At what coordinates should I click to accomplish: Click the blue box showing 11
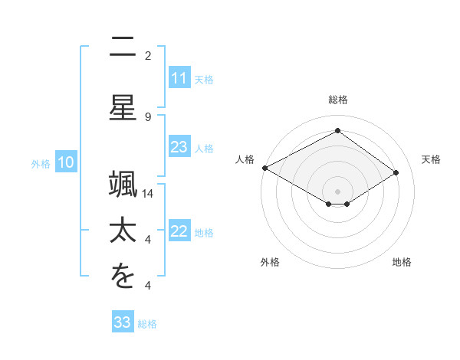coord(179,78)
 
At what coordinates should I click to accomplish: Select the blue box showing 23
coord(179,147)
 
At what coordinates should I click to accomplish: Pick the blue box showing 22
coord(179,231)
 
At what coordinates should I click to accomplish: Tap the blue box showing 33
coord(123,322)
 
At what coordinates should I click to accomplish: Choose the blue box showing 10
coord(65,162)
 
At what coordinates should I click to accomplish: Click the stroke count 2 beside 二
coord(148,55)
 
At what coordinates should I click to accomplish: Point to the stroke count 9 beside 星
coord(148,116)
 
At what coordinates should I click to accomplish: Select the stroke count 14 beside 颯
coord(148,194)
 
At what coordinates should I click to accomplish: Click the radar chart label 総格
coord(338,100)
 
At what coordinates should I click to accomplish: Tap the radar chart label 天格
coord(431,159)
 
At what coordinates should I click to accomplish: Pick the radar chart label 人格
coord(245,159)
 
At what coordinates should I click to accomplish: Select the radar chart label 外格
coord(270,262)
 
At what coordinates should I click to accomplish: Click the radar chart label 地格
coord(402,262)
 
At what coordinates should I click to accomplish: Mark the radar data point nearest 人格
coord(264,168)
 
